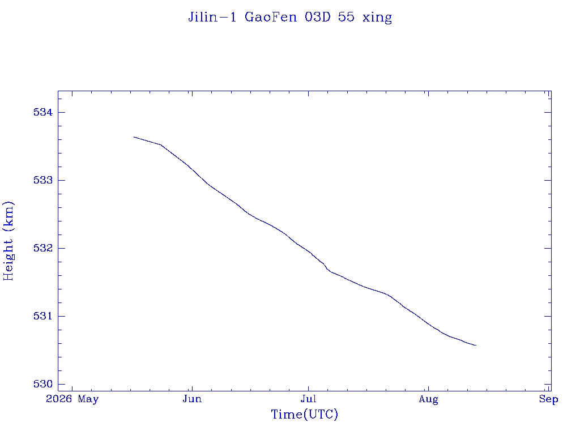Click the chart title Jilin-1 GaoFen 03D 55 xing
(290, 17)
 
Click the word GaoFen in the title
(271, 17)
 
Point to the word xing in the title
(377, 18)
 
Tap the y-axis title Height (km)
(8, 241)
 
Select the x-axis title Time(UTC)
(304, 414)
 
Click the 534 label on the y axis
(43, 112)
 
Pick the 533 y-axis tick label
(43, 180)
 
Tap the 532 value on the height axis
(43, 248)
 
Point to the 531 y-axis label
(43, 316)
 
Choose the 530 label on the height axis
(43, 385)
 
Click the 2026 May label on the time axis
(72, 399)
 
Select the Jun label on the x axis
(192, 399)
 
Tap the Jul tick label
(308, 399)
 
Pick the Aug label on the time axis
(428, 399)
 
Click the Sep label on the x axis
(548, 399)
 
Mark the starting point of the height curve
(134, 137)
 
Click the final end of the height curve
(476, 345)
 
